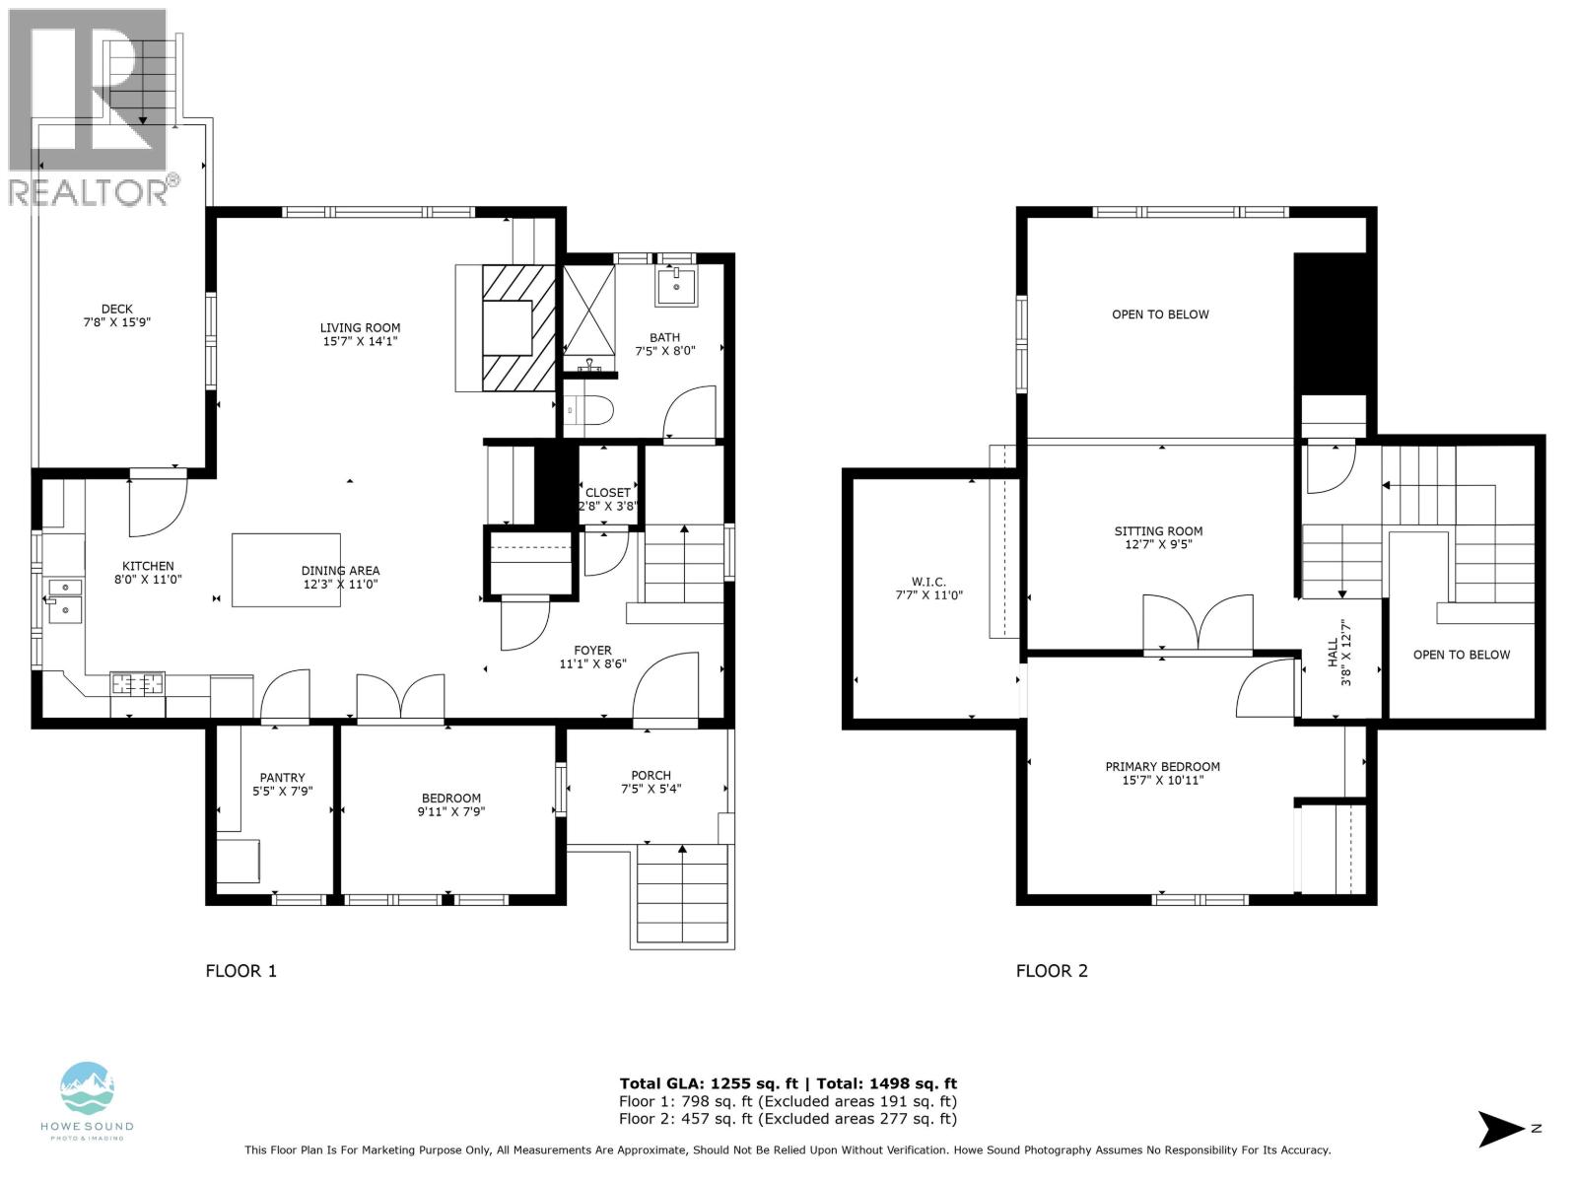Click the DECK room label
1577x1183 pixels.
[x=117, y=309]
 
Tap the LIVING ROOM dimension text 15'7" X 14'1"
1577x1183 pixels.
[x=360, y=342]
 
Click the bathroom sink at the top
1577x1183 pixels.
[x=677, y=286]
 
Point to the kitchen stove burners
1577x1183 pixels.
[x=138, y=682]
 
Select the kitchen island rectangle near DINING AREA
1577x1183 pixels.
[x=286, y=569]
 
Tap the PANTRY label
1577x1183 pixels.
[x=282, y=778]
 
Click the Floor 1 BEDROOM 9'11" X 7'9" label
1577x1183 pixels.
[x=451, y=804]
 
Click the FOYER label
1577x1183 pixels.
[x=592, y=651]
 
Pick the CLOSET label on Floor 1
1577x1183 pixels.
[x=607, y=493]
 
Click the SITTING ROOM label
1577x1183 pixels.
[x=1158, y=531]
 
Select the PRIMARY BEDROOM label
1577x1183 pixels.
[x=1162, y=767]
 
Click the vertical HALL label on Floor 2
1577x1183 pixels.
[x=1333, y=652]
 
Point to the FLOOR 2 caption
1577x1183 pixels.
[x=1052, y=971]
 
